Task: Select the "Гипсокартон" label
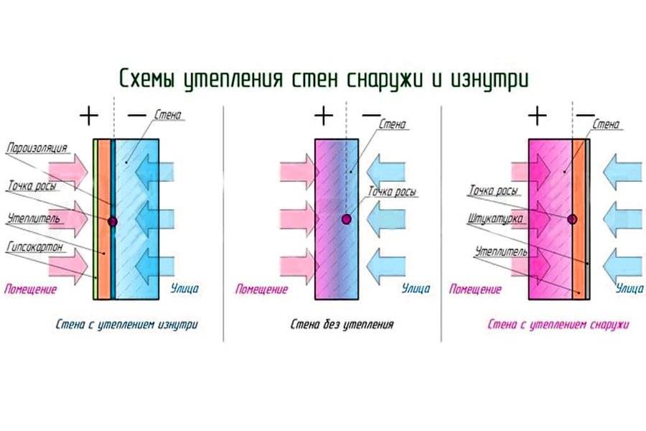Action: point(37,246)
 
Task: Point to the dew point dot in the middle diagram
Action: point(347,218)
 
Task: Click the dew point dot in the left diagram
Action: point(113,221)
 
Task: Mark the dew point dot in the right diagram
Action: point(572,218)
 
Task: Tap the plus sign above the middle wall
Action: point(324,115)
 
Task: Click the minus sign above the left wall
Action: point(135,115)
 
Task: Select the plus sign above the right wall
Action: point(536,115)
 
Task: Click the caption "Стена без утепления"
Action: point(342,325)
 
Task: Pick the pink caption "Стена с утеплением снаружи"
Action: point(558,325)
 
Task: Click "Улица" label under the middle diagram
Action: point(416,289)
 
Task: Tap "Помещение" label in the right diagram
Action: point(474,289)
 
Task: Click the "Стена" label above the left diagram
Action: point(167,115)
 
